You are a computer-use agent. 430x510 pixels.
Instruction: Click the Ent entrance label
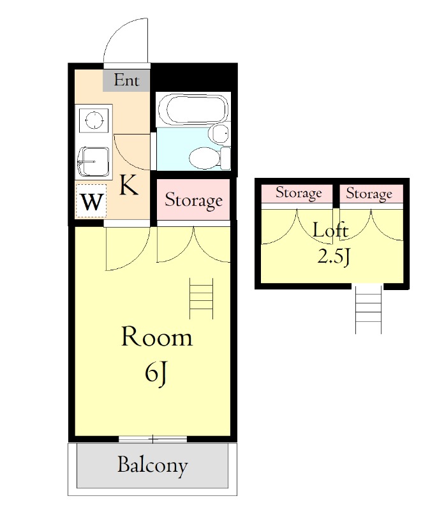point(126,81)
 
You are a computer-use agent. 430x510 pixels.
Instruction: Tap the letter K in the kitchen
point(128,186)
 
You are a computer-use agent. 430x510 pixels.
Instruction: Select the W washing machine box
point(91,202)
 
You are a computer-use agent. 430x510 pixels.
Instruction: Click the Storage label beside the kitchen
point(193,201)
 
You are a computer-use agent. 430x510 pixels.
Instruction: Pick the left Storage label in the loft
point(298,193)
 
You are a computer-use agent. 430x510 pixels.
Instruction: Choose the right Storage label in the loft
point(369,193)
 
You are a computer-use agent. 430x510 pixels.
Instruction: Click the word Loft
point(330,230)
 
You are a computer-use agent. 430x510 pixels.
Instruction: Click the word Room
point(156,337)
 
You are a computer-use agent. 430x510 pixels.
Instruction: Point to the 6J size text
point(156,374)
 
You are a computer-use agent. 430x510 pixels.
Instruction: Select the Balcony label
point(152,465)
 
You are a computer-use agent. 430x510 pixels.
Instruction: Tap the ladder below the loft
point(368,309)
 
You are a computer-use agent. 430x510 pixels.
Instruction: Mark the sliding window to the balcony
point(152,439)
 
